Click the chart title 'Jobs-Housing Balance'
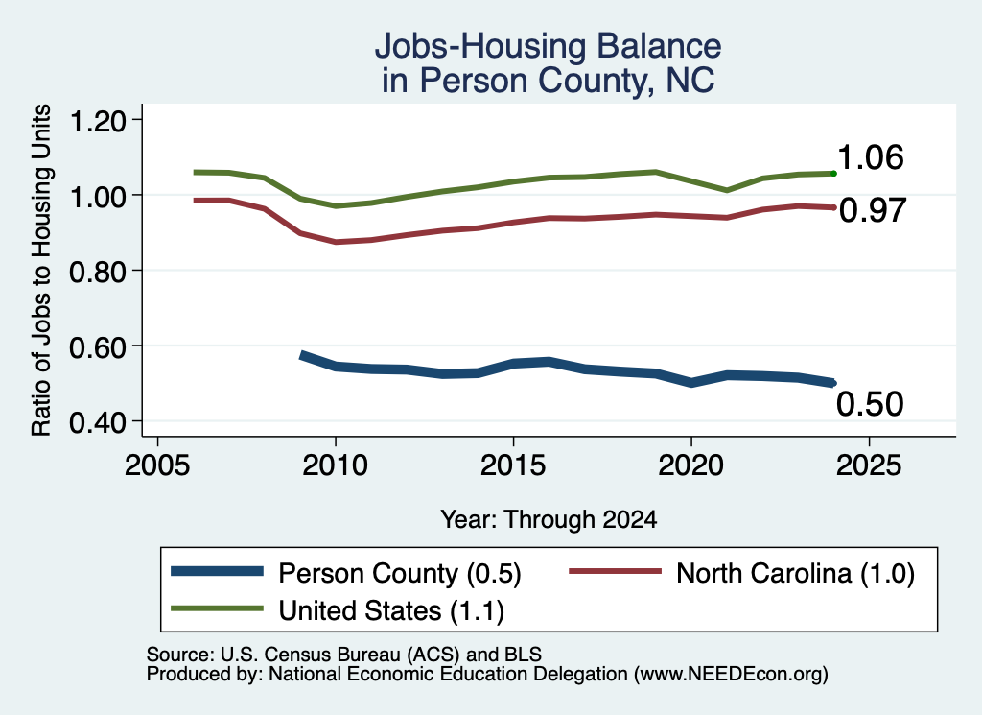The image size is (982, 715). pos(548,46)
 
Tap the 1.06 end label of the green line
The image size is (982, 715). pos(870,156)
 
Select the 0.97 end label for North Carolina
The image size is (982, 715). pos(873,210)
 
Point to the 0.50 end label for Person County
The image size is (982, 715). pos(870,403)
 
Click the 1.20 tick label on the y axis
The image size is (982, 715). pos(98,121)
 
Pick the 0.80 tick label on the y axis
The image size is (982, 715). pos(98,272)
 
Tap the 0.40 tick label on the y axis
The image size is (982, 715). pos(98,423)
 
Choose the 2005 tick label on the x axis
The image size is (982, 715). pos(158,465)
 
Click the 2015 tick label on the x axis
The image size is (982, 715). pos(513,465)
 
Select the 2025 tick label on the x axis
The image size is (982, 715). pos(869,465)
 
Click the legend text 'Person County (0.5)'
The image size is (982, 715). pos(400,573)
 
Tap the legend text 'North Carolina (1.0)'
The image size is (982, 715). pos(795,573)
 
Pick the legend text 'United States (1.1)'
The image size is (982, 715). pos(391,610)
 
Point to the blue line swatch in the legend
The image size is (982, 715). pos(217,571)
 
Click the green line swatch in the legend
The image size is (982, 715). pos(217,608)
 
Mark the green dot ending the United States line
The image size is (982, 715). pos(833,173)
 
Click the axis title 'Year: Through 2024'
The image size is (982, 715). pos(549,519)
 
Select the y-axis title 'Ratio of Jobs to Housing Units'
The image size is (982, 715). pos(41,270)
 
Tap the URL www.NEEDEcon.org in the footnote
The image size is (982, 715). pos(731,675)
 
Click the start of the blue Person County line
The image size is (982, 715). pos(301,355)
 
